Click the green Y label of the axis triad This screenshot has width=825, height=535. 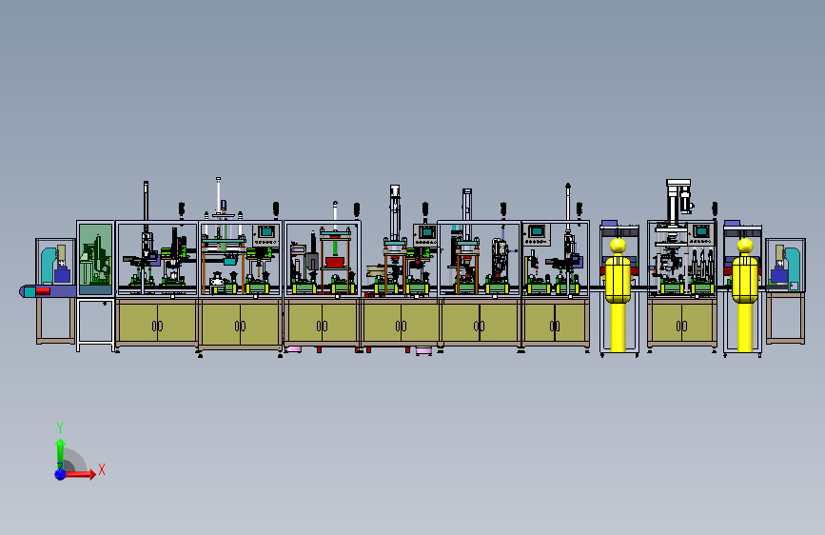click(60, 427)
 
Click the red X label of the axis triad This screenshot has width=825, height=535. click(102, 469)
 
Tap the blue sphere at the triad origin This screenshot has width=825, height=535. click(61, 474)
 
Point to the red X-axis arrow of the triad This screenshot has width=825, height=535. click(78, 474)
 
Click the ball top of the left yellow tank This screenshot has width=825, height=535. click(618, 246)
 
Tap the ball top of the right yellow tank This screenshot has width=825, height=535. click(745, 246)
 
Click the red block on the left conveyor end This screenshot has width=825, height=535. click(43, 291)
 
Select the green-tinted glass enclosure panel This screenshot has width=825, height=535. click(95, 259)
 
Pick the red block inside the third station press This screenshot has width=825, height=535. click(335, 262)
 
